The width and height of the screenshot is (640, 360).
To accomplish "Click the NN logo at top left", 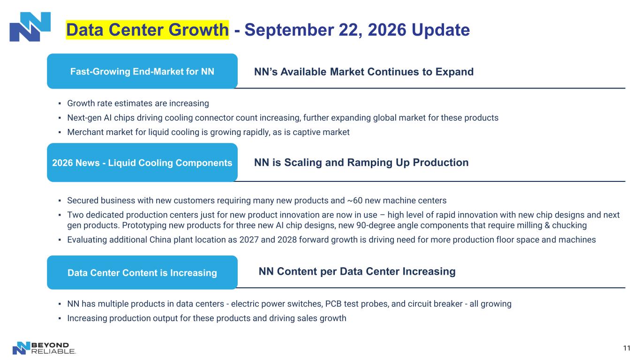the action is point(30,27).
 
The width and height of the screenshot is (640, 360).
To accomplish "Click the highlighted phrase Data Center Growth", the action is point(147,30).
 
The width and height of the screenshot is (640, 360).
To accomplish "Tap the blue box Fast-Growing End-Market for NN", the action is point(142,71).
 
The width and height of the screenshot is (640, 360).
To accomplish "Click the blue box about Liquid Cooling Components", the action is point(142,162).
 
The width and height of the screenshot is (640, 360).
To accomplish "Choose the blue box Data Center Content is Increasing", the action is point(142,272).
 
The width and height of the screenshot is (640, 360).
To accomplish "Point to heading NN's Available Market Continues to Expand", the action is point(364,71).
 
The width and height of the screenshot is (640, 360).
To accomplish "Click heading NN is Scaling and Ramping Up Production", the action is point(361,162).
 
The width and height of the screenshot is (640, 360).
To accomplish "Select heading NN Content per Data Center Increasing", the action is point(357,271).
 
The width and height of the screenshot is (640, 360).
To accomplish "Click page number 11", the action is point(627,348).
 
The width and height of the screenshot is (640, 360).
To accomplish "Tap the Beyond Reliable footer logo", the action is point(44,348).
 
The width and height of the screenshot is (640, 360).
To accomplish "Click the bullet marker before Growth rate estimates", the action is point(60,104).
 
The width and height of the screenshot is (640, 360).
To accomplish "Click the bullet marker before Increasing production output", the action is point(60,318).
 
